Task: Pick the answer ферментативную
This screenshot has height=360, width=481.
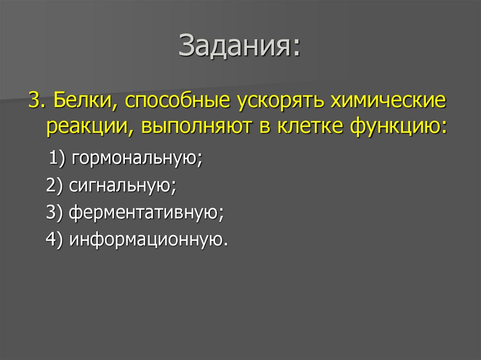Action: (x=147, y=214)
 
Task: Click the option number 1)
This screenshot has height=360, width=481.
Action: (x=59, y=160)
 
